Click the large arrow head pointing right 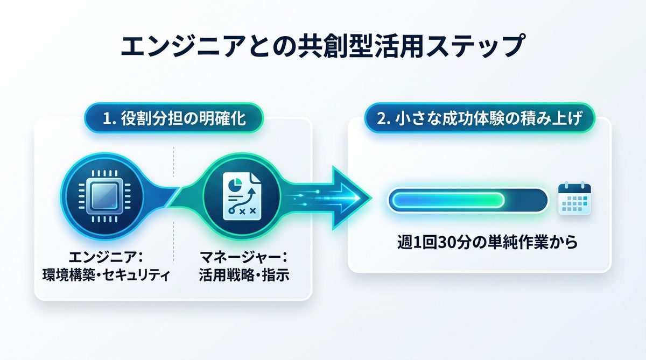click(x=349, y=198)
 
